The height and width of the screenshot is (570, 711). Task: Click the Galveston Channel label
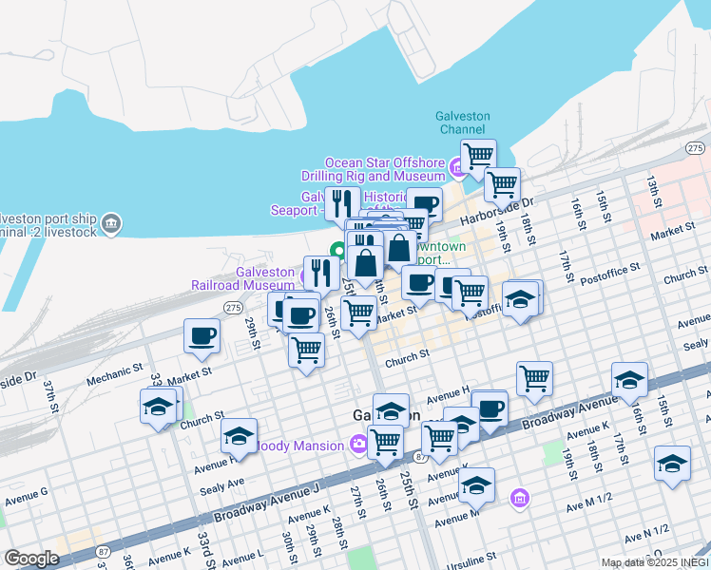(462, 123)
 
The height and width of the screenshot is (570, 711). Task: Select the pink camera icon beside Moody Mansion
(358, 443)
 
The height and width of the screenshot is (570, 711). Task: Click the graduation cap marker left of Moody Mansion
(239, 436)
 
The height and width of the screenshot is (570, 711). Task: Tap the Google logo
(31, 558)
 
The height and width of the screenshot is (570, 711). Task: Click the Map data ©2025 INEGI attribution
(654, 562)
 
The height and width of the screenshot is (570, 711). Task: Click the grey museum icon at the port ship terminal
(111, 224)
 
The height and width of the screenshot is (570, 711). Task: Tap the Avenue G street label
(26, 496)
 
